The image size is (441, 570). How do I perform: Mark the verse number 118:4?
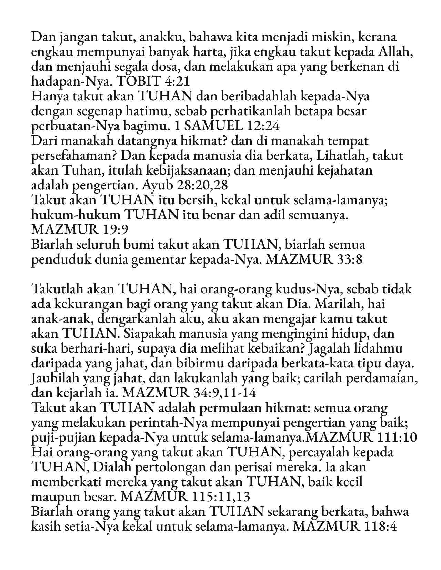click(383, 527)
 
